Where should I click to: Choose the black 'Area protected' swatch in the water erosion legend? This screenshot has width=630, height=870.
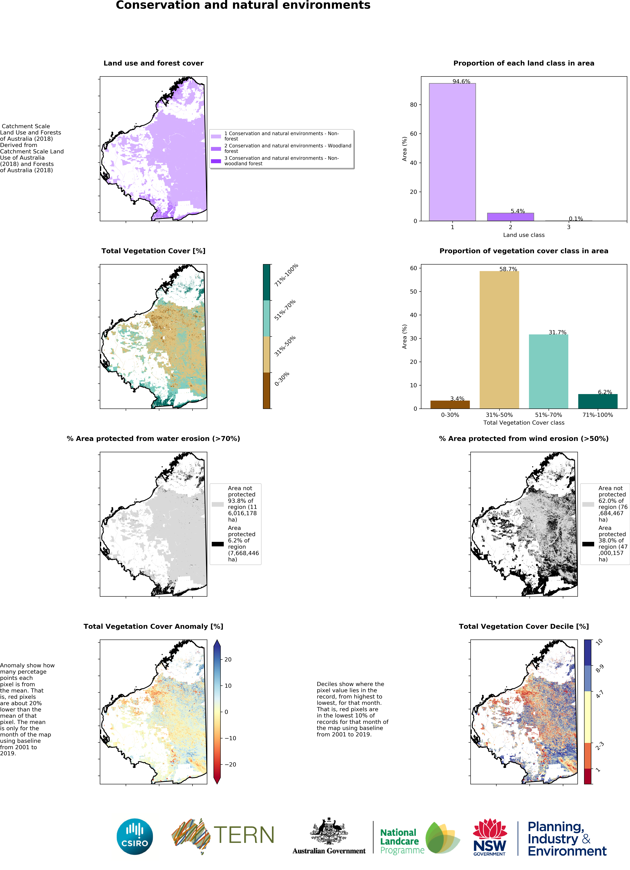[217, 543]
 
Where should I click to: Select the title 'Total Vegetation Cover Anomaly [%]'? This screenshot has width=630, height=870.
[153, 626]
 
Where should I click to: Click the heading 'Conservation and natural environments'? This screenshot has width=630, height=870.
[243, 5]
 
